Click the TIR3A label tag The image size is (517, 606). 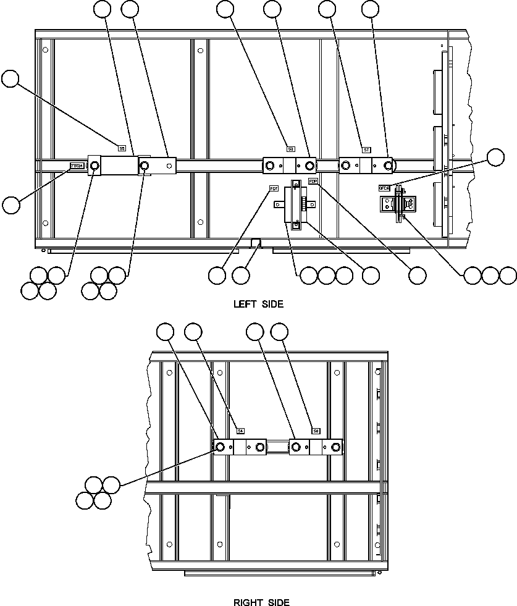tap(77, 166)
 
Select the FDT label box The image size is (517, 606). tap(274, 188)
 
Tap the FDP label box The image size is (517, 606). tap(313, 181)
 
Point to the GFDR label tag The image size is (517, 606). tap(384, 188)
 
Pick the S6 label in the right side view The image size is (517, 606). tap(316, 431)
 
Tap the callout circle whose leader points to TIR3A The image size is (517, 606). tap(11, 204)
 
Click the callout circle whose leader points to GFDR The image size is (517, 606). tap(496, 158)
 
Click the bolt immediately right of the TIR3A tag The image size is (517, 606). tap(95, 166)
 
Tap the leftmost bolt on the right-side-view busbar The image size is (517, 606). tap(219, 447)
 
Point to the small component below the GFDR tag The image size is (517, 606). tap(397, 204)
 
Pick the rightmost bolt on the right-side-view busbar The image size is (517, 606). tap(335, 447)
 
